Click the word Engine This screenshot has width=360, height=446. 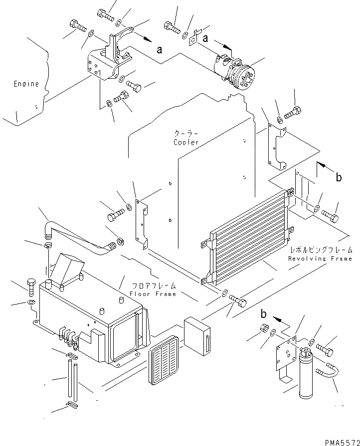tap(26, 84)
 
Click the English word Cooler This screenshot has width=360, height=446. tap(186, 143)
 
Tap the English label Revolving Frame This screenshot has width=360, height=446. tap(320, 259)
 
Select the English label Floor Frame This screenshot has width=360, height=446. tap(153, 294)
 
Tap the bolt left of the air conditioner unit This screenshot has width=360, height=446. tap(31, 285)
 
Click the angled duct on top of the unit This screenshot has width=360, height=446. tap(67, 269)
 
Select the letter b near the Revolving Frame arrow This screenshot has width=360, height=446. tap(339, 177)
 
